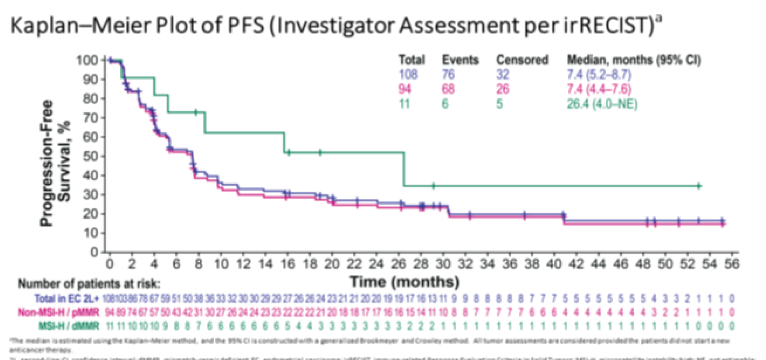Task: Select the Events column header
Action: click(460, 60)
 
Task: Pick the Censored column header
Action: click(522, 60)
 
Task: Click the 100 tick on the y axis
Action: click(88, 61)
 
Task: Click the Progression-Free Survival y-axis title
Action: click(59, 156)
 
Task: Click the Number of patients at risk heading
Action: click(89, 284)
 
